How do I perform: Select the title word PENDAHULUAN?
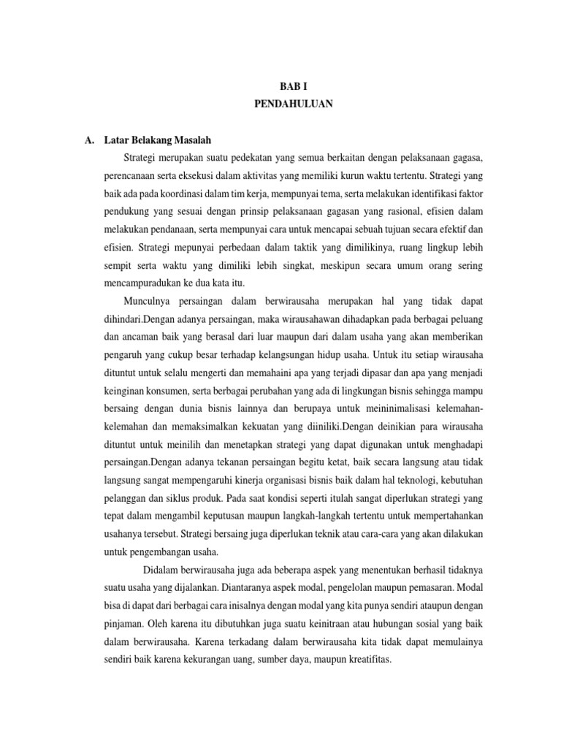[293, 104]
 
